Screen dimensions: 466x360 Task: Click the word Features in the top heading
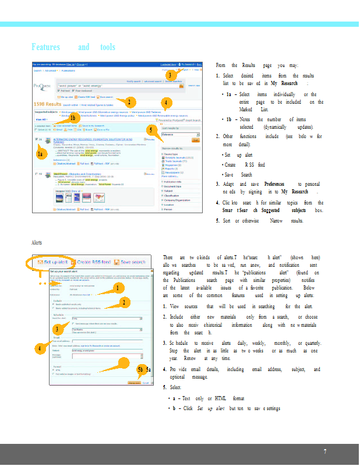(x=45, y=47)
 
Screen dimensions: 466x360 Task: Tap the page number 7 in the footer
(x=325, y=451)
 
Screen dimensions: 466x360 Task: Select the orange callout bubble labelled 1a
(x=40, y=154)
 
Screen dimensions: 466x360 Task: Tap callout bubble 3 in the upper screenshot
(x=169, y=75)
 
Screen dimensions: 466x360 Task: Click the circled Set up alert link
(x=57, y=263)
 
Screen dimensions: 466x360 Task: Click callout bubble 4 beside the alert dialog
(x=38, y=348)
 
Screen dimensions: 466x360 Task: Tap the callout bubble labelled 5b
(x=140, y=370)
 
